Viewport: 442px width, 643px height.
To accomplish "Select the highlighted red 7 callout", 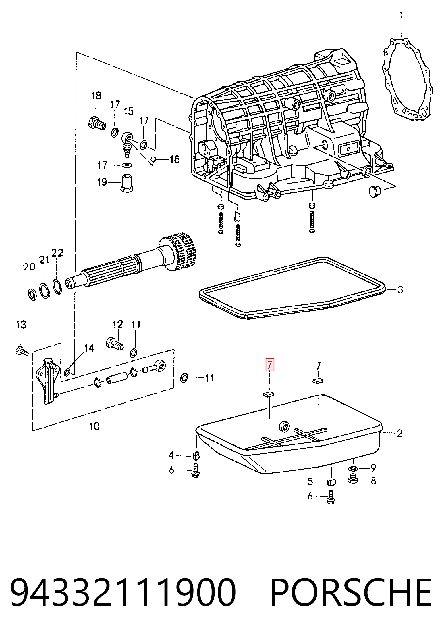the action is [x=270, y=365].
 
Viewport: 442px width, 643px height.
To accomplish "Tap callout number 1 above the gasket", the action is [x=402, y=15].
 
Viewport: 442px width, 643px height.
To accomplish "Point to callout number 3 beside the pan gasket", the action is [x=400, y=289].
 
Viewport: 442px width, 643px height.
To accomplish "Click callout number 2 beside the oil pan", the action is [x=399, y=433].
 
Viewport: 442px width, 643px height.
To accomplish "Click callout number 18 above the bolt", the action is [x=96, y=96].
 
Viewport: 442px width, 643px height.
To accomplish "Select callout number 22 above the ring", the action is [x=57, y=253].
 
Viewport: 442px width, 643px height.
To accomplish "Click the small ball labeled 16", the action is [x=154, y=159].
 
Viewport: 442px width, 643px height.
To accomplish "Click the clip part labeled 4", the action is [x=196, y=455].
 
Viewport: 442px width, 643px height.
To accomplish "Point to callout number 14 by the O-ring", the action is [x=89, y=348].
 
